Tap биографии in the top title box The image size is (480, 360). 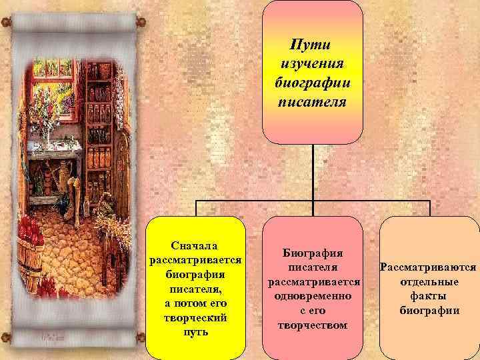click(x=313, y=84)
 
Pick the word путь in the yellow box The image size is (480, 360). click(x=196, y=331)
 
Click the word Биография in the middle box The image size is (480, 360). click(x=313, y=254)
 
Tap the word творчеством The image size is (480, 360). click(x=313, y=325)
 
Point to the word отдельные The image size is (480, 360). click(x=428, y=282)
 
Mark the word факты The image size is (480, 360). click(x=428, y=296)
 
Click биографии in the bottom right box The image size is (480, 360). click(x=428, y=310)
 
